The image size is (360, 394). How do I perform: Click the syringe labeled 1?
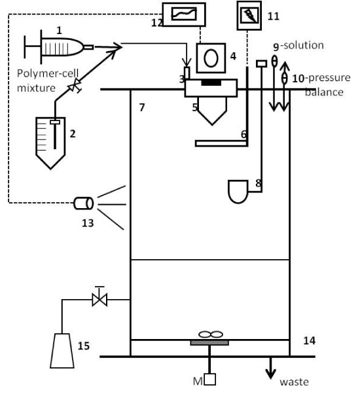(59, 47)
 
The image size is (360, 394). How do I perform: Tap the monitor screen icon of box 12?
(184, 14)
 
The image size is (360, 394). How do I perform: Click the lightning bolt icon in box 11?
(249, 15)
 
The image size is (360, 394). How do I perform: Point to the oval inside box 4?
(211, 58)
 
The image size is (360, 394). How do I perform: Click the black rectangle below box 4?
(211, 82)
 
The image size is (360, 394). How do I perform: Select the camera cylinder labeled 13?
(84, 204)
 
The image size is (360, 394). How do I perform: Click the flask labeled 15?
(62, 351)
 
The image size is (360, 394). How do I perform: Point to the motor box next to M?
(209, 380)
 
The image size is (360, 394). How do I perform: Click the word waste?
(294, 382)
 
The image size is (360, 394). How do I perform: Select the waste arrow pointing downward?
(270, 368)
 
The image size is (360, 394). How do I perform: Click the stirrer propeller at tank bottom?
(211, 334)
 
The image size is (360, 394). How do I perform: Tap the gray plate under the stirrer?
(209, 343)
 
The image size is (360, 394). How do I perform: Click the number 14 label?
(309, 341)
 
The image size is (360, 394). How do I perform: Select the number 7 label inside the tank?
(142, 107)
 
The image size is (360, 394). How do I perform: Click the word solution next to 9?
(304, 45)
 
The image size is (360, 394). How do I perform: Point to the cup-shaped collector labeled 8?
(238, 191)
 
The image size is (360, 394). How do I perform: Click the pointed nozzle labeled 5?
(212, 111)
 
